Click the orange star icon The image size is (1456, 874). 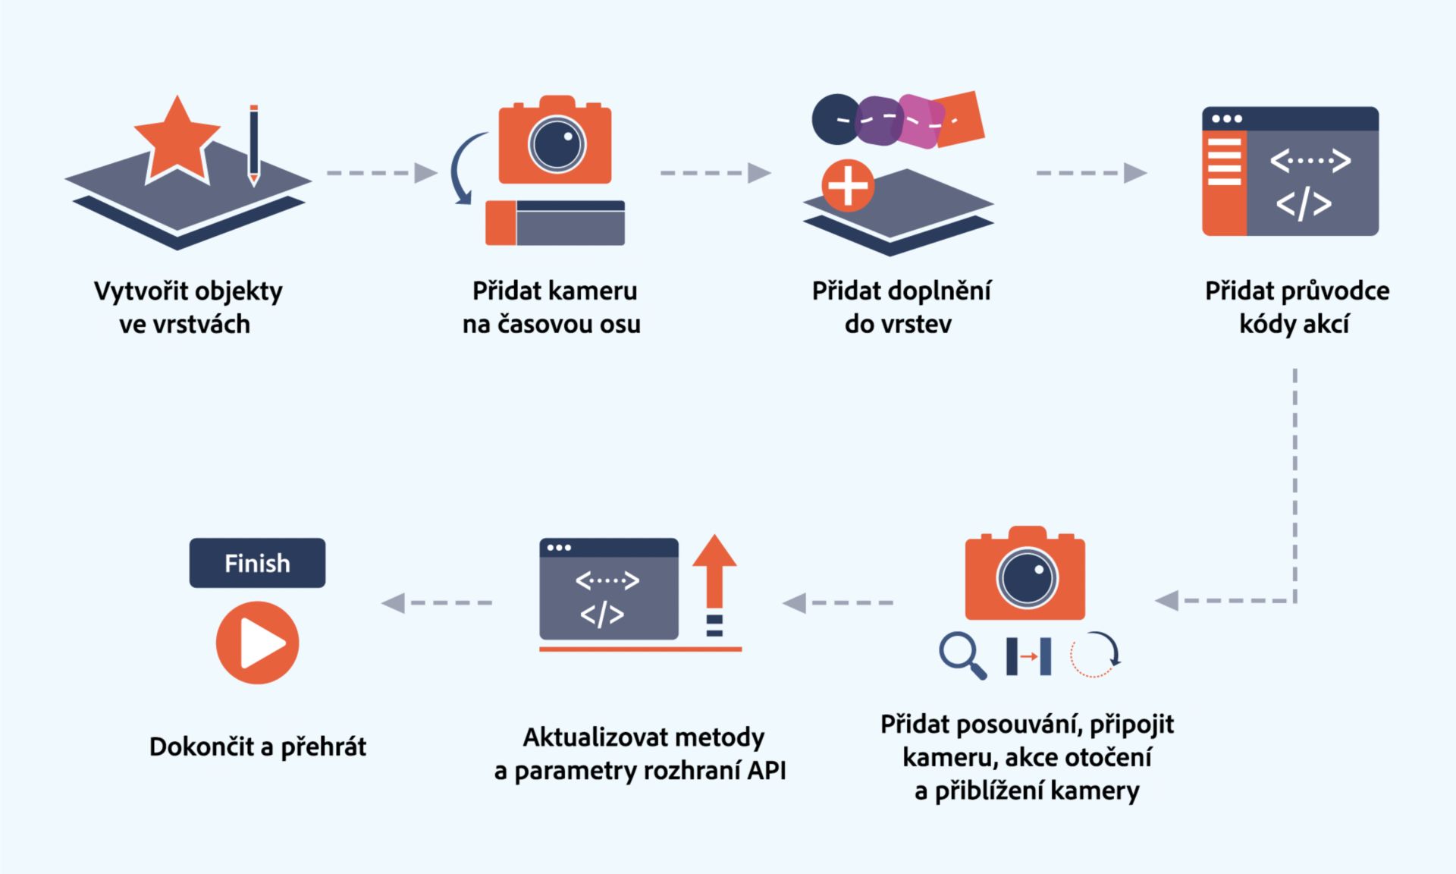tap(177, 141)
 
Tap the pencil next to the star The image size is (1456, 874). tap(254, 144)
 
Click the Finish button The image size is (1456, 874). tap(257, 563)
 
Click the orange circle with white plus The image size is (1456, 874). tap(848, 185)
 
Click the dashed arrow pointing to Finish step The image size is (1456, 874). tap(437, 602)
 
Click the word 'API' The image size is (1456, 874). tap(766, 770)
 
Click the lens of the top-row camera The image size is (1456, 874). tap(557, 144)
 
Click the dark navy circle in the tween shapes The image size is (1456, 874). tap(836, 120)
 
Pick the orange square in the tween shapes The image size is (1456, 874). tap(959, 118)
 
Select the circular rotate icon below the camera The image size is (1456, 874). tap(1095, 654)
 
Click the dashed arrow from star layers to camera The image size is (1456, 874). tap(381, 173)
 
